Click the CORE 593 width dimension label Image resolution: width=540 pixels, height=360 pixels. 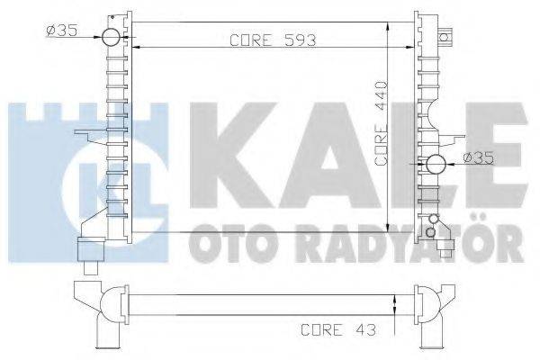point(262,40)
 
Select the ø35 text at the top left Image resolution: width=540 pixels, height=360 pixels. point(60,33)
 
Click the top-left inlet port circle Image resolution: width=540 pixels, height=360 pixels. point(110,37)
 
